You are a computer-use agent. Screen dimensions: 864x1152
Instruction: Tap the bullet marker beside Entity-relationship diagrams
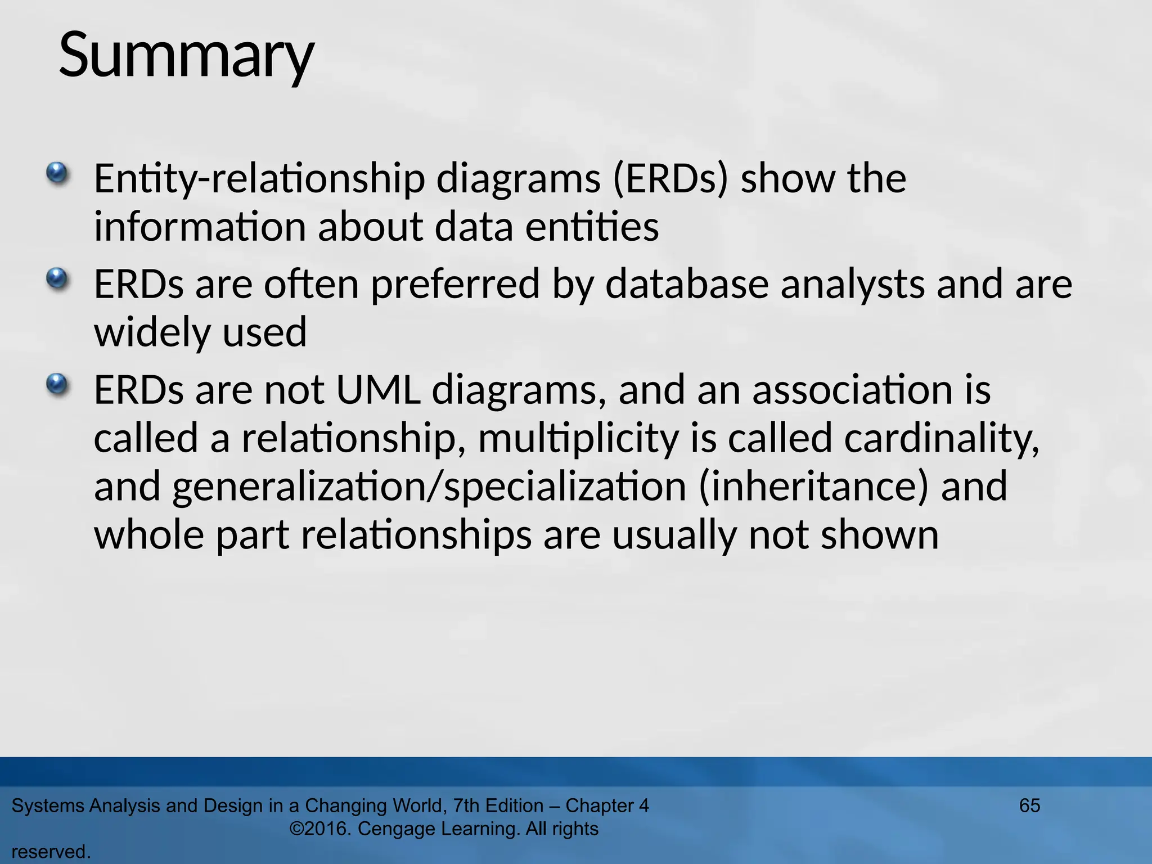[56, 173]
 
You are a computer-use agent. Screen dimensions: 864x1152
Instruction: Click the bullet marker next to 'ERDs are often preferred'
[56, 278]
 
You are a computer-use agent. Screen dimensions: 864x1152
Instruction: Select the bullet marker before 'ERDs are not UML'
[56, 385]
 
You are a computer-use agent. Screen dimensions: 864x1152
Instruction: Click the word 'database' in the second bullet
[687, 284]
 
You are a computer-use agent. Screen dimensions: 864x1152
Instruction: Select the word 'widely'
[152, 333]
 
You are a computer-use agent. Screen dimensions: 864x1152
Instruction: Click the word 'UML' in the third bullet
[378, 390]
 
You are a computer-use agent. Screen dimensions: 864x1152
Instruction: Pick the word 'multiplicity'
[579, 439]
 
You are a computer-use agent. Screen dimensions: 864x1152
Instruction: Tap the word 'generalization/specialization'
[429, 487]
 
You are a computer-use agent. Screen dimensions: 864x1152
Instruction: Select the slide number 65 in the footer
[1029, 805]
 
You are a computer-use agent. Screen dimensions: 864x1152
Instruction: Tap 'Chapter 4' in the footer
[607, 805]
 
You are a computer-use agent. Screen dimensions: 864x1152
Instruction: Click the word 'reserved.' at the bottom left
[51, 852]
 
